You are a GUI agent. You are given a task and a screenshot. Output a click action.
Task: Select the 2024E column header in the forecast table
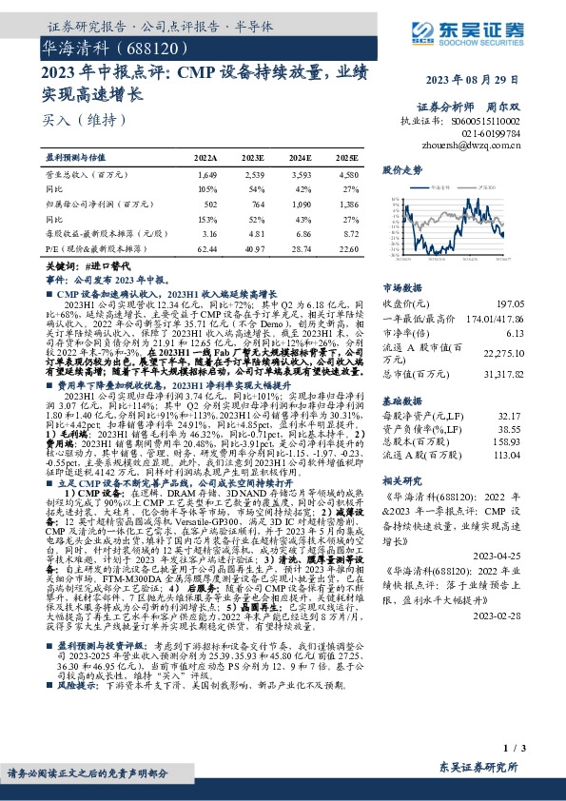pyautogui.click(x=300, y=157)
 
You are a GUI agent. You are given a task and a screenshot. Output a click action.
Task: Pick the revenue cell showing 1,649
pyautogui.click(x=207, y=175)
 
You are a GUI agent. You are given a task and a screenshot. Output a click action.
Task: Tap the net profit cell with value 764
pyautogui.click(x=255, y=204)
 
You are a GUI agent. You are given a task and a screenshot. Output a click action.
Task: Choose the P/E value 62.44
pyautogui.click(x=205, y=247)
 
